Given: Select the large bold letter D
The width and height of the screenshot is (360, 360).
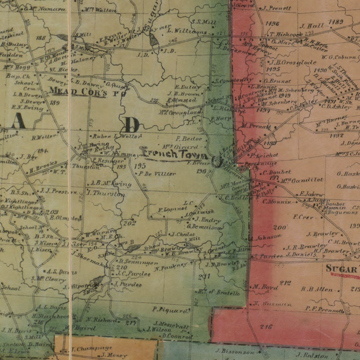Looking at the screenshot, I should (132, 125).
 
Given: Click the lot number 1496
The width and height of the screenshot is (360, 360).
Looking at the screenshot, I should (272, 24).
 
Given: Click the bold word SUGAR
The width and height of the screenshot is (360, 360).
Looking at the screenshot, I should (341, 269).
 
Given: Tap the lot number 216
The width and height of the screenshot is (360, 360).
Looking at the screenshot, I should (266, 327).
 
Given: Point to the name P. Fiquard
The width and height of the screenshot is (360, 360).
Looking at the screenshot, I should (171, 310).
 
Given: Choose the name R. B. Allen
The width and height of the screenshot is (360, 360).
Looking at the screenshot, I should (317, 289).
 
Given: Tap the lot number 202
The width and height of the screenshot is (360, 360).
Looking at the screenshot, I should (130, 223).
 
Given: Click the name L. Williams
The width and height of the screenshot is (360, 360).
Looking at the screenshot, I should (187, 32).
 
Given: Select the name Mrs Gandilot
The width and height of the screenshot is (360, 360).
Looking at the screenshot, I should (302, 180).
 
